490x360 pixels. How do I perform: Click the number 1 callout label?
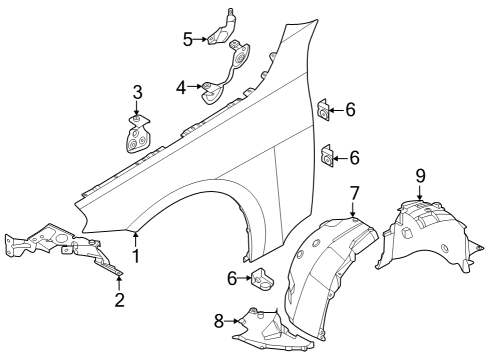pyautogui.click(x=136, y=256)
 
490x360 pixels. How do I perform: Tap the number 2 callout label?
pyautogui.click(x=119, y=299)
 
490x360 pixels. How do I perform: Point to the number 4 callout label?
pyautogui.click(x=181, y=88)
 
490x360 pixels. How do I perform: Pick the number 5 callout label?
pyautogui.click(x=187, y=39)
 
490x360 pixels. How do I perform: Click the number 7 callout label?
pyautogui.click(x=354, y=192)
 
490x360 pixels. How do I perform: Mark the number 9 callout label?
pyautogui.click(x=420, y=175)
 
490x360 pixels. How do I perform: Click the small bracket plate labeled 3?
pyautogui.click(x=137, y=136)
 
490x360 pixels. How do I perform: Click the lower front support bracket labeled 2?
pyautogui.click(x=60, y=250)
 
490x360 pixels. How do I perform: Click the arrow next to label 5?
pyautogui.click(x=203, y=39)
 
